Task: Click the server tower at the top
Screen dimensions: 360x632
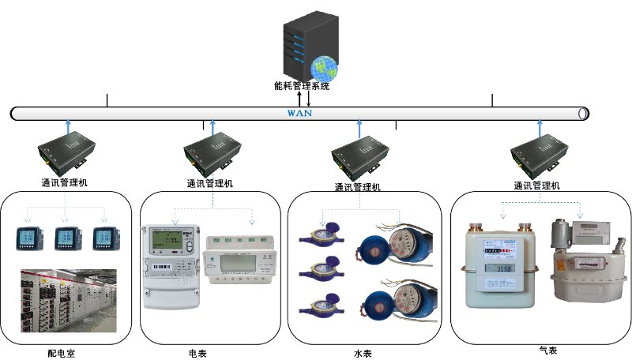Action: click(305, 44)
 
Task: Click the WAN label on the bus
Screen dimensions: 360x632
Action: click(299, 113)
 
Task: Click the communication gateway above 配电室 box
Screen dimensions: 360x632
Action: click(68, 153)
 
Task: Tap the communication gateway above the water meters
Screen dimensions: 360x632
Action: click(359, 154)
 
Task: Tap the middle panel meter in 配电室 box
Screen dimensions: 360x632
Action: click(66, 239)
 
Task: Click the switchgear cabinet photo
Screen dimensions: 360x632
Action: click(68, 300)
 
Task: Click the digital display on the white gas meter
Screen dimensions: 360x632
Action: click(501, 268)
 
